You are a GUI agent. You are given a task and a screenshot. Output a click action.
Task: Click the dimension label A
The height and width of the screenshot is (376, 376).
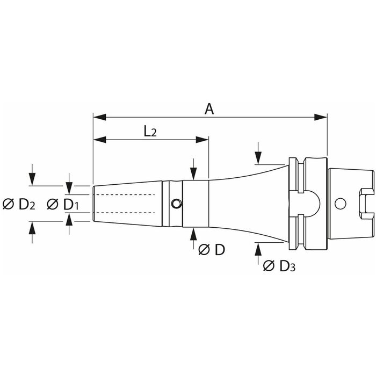click(x=209, y=109)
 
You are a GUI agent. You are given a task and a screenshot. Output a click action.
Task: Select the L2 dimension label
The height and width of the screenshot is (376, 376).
click(x=150, y=132)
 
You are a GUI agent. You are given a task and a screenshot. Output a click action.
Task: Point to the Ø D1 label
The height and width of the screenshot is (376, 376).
click(x=63, y=204)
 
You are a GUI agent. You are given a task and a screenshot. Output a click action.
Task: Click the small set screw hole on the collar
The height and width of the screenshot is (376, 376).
click(x=176, y=203)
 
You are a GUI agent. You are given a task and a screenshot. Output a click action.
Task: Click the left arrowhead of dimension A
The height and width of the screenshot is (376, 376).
click(x=97, y=117)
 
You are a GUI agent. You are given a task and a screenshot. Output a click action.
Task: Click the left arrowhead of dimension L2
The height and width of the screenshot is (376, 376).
click(x=97, y=140)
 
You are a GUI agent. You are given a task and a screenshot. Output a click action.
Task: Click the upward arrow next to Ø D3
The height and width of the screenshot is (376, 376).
click(x=258, y=249)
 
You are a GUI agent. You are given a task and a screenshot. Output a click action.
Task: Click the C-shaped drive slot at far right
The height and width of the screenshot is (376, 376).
click(x=366, y=204)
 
